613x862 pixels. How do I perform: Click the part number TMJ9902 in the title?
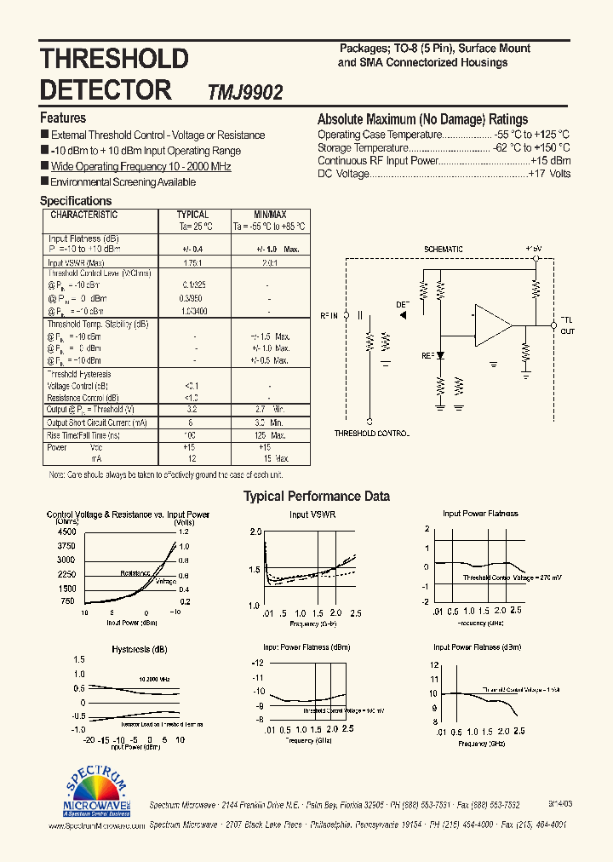coord(245,92)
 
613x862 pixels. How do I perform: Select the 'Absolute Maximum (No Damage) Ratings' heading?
coord(422,120)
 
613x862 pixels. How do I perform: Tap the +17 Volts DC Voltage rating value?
coord(550,174)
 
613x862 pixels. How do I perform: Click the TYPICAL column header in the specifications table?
coord(192,215)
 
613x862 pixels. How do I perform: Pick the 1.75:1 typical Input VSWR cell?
coord(192,262)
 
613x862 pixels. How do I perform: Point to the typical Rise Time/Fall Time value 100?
coord(191,434)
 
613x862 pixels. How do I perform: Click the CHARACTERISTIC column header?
coord(83,215)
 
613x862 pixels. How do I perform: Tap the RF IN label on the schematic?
coord(329,316)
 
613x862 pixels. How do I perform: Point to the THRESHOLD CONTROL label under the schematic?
coord(371,434)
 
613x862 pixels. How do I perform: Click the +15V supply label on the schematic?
coord(534,249)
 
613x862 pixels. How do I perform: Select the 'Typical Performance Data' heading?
coord(317,497)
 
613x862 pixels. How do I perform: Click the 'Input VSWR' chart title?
coord(310,514)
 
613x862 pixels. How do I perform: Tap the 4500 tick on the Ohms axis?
coord(66,532)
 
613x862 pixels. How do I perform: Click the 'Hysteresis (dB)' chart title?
coord(139,650)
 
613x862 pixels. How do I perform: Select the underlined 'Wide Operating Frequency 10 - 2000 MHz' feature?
coord(140,167)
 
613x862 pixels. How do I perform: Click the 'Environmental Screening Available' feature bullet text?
coord(123,182)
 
